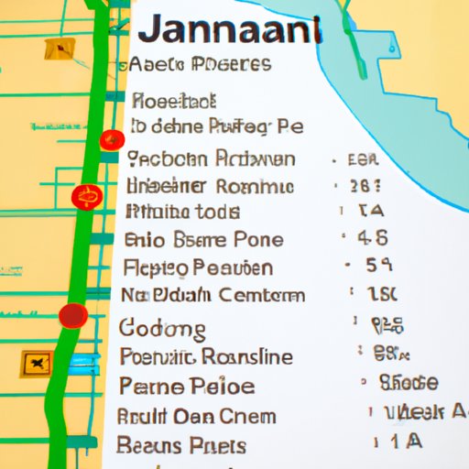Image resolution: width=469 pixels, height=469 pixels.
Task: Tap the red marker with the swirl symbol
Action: click(x=87, y=197)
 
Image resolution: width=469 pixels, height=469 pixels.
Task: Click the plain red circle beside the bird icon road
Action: click(x=73, y=316)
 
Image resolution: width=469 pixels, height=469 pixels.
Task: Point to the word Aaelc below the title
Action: click(x=158, y=64)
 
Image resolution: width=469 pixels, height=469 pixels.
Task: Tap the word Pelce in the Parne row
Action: click(x=223, y=386)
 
